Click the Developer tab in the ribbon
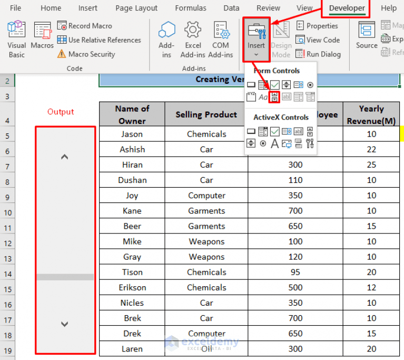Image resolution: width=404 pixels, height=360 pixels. click(347, 8)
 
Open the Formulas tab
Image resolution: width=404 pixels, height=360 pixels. click(191, 8)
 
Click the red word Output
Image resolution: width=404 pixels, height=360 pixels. click(61, 112)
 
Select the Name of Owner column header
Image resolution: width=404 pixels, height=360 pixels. click(132, 114)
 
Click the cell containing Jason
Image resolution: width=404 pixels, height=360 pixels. click(132, 134)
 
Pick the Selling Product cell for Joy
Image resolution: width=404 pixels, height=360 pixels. click(206, 196)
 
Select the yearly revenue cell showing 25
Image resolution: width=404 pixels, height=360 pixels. click(371, 165)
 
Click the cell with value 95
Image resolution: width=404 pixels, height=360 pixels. click(295, 273)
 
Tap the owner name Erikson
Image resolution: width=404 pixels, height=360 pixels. click(132, 288)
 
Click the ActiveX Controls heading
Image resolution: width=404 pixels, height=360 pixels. click(281, 117)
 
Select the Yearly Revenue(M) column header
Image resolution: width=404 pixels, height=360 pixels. click(371, 114)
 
